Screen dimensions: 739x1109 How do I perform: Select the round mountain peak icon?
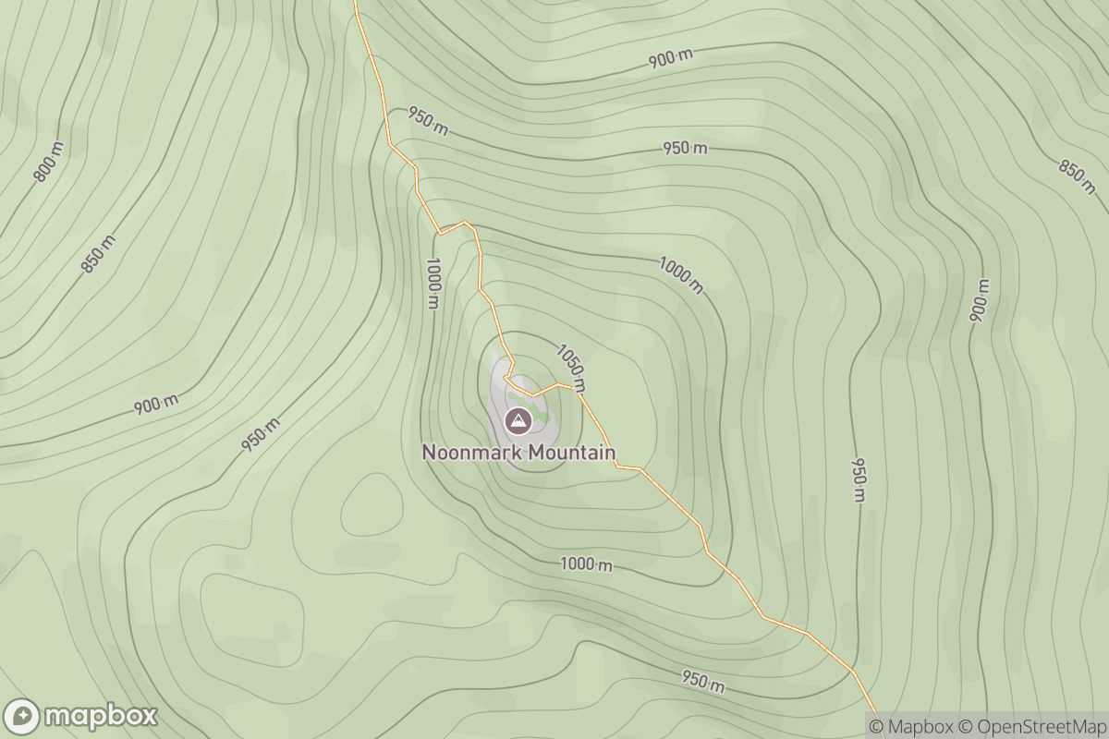pos(518,421)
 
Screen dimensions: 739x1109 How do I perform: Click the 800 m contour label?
pos(49,162)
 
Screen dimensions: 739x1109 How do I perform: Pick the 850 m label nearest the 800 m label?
pos(98,254)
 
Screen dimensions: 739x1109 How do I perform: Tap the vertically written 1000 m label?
pos(433,283)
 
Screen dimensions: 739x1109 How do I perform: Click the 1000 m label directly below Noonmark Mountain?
pos(586,564)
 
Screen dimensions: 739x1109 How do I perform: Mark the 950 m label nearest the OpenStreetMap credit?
pos(702,682)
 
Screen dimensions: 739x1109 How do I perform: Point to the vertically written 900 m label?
pos(979,300)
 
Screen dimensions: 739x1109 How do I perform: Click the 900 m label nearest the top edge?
pos(670,59)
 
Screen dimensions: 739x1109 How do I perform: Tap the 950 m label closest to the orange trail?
pos(428,122)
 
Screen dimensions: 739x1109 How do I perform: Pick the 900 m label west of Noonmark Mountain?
pos(155,404)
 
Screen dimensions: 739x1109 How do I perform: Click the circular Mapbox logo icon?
pos(22,717)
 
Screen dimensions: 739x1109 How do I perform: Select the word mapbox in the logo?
pos(101,717)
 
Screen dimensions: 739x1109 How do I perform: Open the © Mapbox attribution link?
pos(911,726)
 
